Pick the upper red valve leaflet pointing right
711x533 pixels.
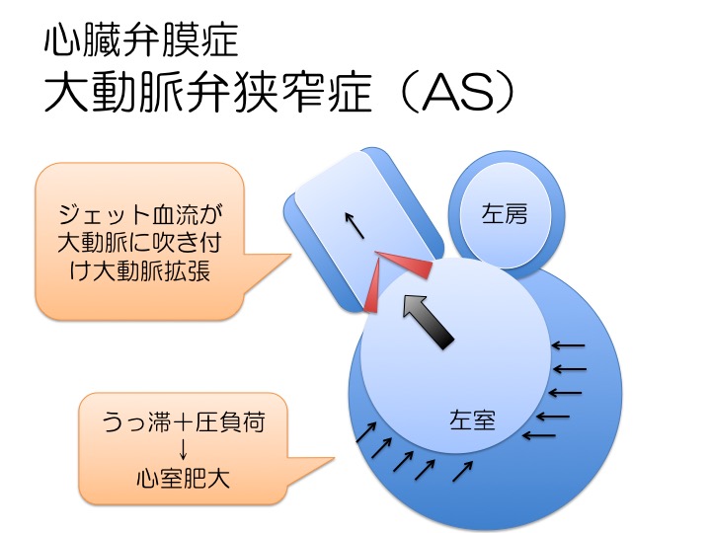coord(405,264)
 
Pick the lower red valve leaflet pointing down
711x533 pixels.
coord(374,288)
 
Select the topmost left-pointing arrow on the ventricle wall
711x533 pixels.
coord(569,345)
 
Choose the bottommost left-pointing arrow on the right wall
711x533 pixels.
coord(539,435)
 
